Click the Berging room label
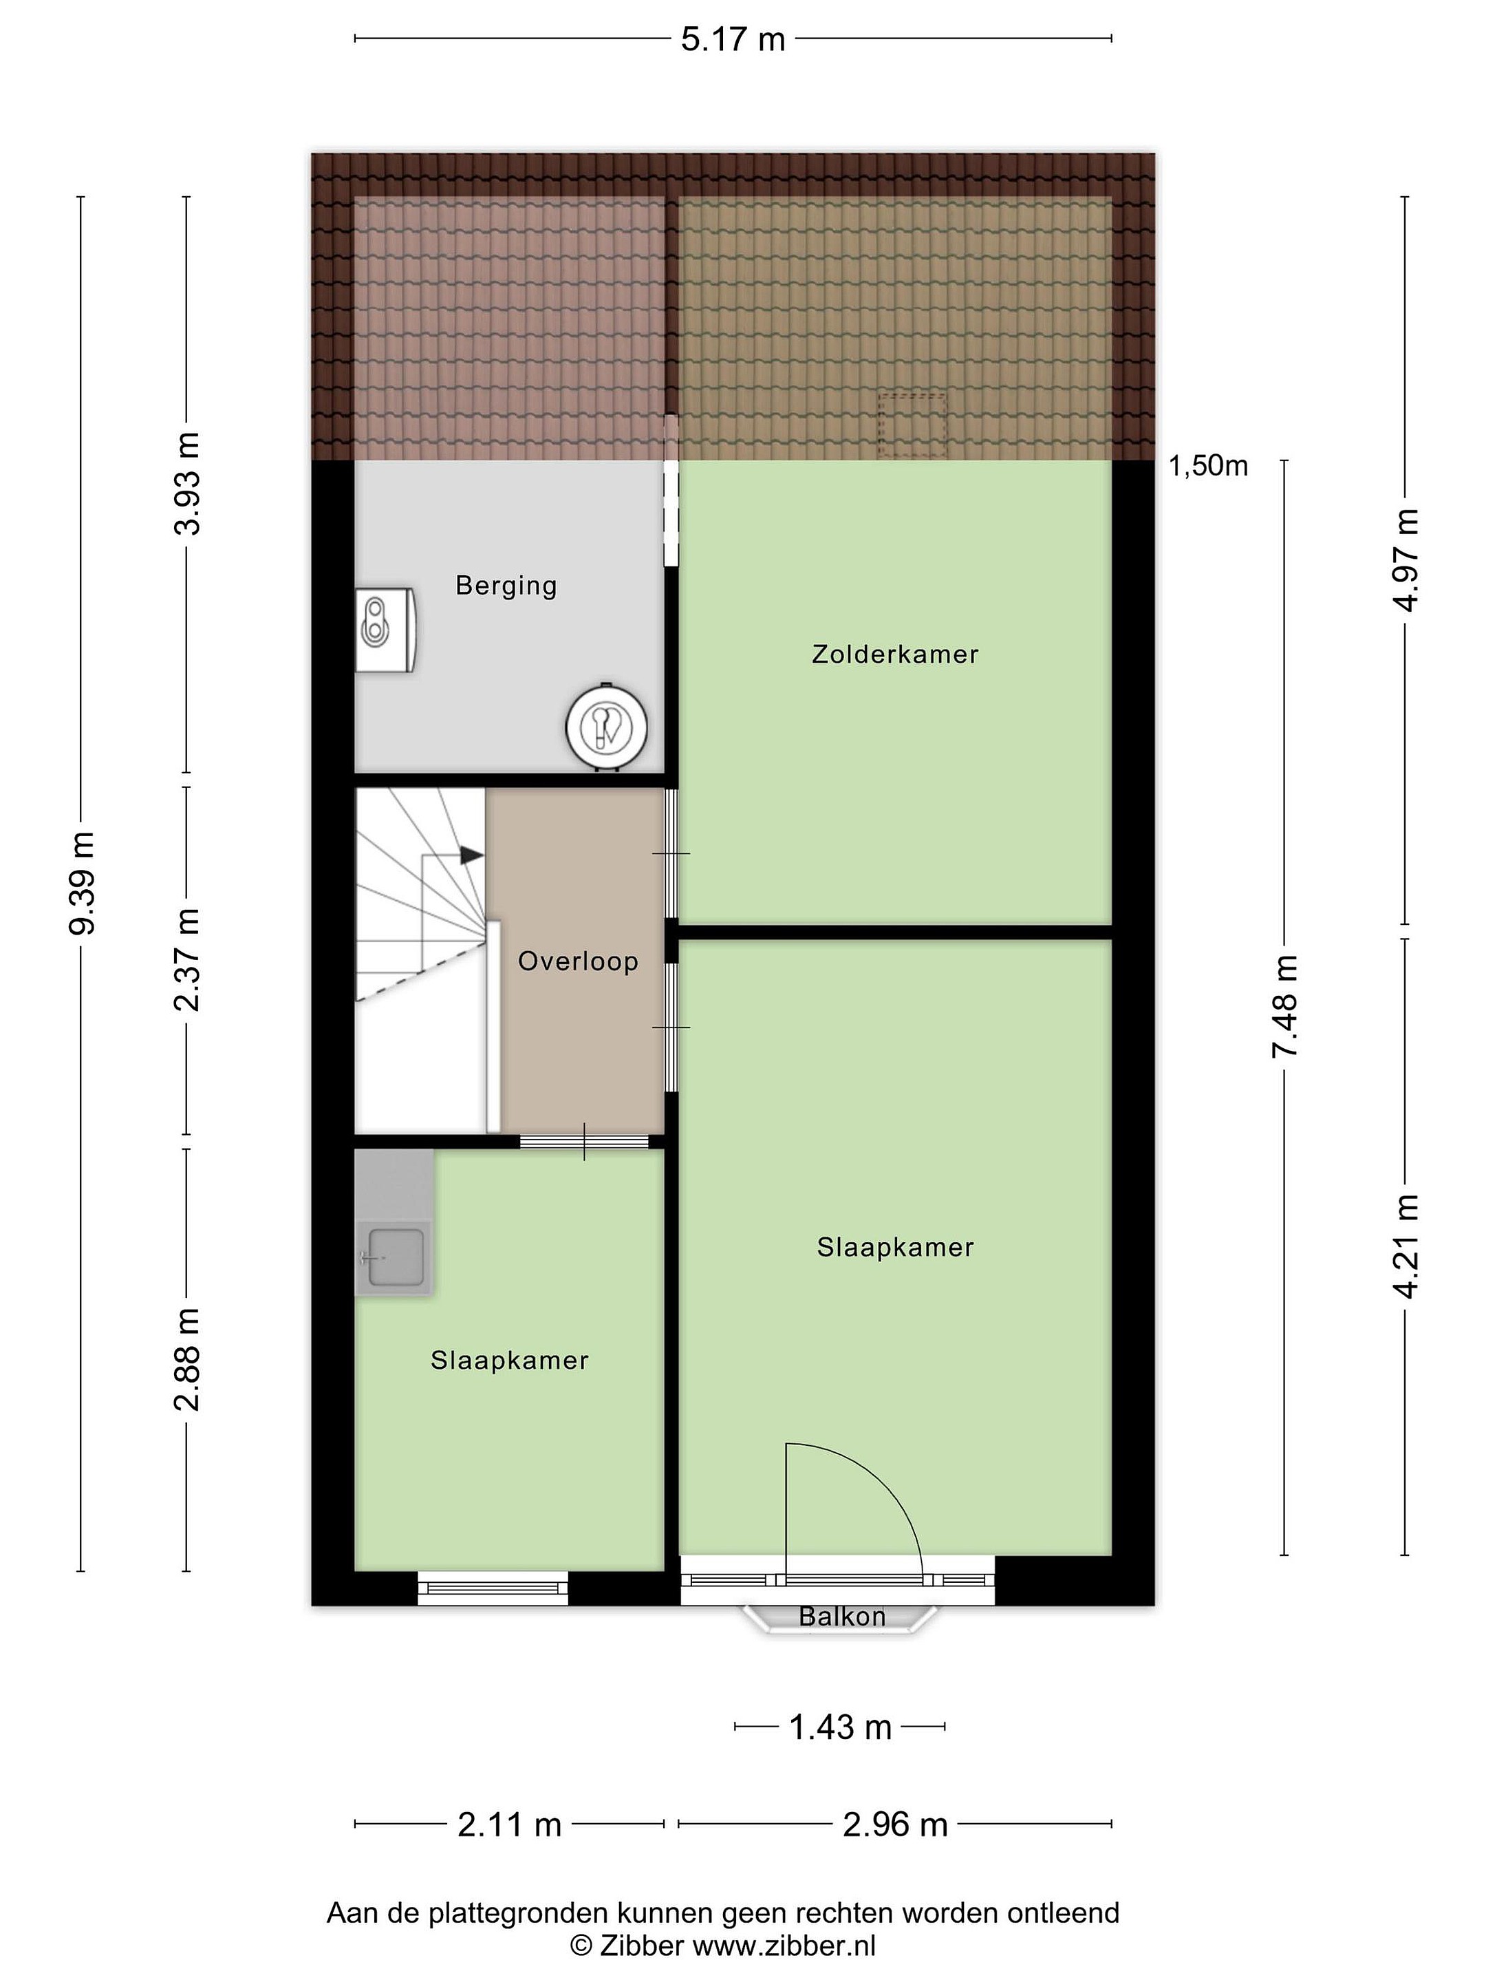tap(506, 587)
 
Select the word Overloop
tap(578, 962)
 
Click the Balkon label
tap(842, 1641)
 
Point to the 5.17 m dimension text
tap(733, 39)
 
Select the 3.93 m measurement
tap(186, 484)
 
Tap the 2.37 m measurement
tap(186, 959)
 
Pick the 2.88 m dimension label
tap(186, 1359)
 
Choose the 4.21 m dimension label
tap(1406, 1246)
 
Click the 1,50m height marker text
tap(1208, 465)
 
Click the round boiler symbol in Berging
tap(606, 727)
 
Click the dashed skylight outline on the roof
tap(912, 425)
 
